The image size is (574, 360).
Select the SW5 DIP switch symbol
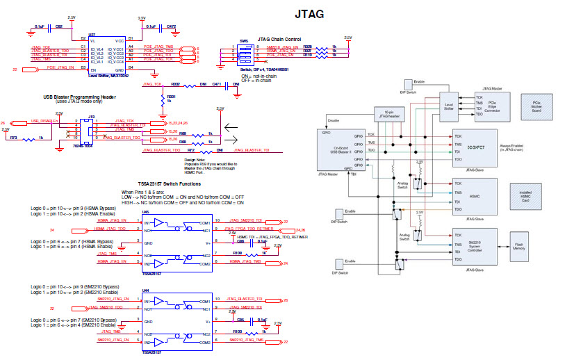click(x=245, y=55)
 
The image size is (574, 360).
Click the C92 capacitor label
click(x=59, y=26)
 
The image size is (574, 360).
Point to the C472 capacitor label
click(x=171, y=26)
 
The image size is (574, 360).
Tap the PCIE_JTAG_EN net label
click(x=62, y=68)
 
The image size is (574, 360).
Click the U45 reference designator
click(x=145, y=212)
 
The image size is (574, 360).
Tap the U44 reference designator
click(x=145, y=290)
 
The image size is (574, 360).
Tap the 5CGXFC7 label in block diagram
click(x=475, y=147)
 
